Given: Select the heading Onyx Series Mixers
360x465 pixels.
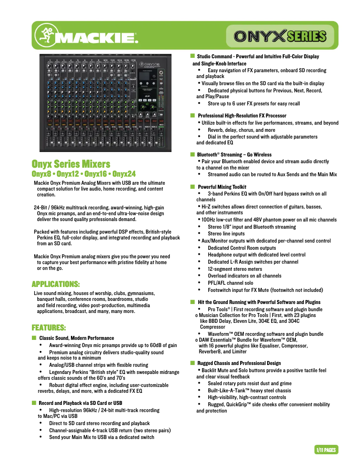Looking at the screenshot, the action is click(x=70, y=164).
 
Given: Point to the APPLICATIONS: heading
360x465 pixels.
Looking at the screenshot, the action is click(x=56, y=284).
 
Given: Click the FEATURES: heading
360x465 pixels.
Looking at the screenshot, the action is click(x=48, y=327).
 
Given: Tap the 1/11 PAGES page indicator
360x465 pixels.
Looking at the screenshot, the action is click(x=326, y=450).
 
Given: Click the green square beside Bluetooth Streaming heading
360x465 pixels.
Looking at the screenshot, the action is click(x=192, y=154).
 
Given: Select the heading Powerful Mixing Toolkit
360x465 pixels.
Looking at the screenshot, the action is click(x=222, y=187).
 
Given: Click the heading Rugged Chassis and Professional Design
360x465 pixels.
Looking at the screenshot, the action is click(x=239, y=363).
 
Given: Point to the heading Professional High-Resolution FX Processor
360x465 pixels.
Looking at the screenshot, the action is click(x=242, y=116).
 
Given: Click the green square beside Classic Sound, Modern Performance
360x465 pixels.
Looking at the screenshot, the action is click(x=34, y=338).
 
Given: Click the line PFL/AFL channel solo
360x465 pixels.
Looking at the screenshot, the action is click(x=230, y=283).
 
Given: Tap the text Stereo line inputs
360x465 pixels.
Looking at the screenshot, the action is click(x=226, y=234).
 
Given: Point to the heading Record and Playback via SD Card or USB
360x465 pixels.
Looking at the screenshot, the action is click(x=80, y=403).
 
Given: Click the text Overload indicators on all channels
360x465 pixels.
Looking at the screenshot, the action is click(x=245, y=276).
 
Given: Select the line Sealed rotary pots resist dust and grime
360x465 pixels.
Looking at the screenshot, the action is click(x=250, y=383).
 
